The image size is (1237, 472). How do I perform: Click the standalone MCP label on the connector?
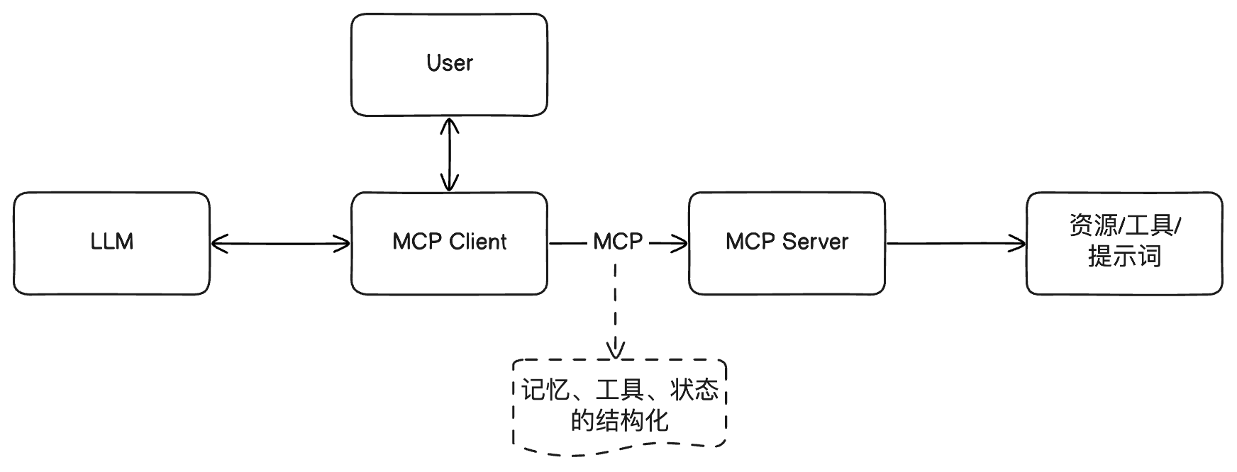pos(618,242)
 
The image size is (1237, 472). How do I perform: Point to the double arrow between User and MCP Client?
pos(449,154)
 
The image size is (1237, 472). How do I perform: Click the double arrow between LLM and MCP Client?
pos(281,244)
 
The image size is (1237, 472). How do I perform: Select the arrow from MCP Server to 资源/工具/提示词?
pos(955,243)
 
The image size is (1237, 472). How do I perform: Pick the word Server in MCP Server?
pos(816,242)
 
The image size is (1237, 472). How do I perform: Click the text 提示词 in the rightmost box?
pos(1124,256)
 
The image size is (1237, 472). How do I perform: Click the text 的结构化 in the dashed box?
pos(619,420)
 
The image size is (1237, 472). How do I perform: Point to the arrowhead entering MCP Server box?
pos(679,244)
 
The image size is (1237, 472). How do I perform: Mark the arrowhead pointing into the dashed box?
pos(616,350)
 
